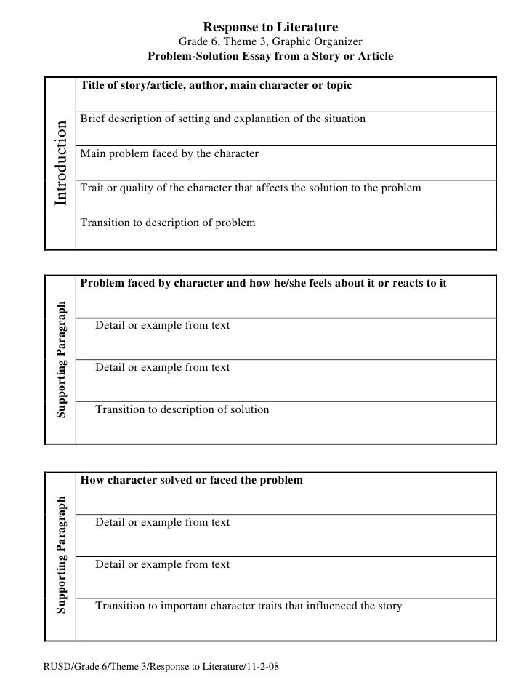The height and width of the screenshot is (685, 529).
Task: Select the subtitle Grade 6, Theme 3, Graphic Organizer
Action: [270, 41]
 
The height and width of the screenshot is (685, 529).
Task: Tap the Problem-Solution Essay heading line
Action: [270, 56]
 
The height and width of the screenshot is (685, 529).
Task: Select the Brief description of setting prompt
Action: [223, 119]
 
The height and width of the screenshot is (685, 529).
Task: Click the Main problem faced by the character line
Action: [169, 154]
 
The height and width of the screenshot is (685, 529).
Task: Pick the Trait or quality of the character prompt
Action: [251, 188]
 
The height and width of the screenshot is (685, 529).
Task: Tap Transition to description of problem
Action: [168, 223]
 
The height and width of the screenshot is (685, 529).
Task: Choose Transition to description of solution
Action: [182, 409]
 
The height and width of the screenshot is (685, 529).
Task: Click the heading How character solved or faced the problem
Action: [192, 480]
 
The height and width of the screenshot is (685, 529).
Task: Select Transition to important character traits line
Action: [249, 606]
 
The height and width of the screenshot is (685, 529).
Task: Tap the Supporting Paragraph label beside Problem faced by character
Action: [62, 359]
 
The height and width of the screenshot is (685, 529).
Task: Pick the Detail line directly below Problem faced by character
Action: [163, 325]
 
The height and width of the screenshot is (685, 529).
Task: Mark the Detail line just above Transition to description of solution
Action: [163, 367]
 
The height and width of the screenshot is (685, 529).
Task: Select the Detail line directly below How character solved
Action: [163, 522]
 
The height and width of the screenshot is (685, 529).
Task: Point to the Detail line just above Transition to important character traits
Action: [163, 564]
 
